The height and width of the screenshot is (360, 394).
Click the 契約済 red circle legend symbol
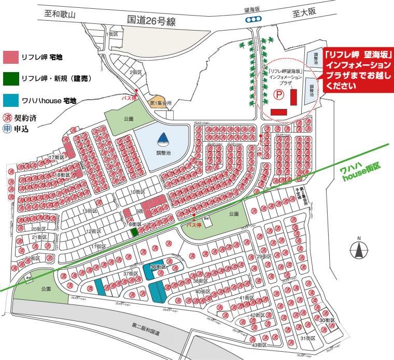point(7,118)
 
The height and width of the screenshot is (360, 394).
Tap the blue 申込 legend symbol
point(7,129)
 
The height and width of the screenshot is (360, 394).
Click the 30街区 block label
point(327,321)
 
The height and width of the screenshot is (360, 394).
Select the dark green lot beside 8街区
point(134,232)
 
